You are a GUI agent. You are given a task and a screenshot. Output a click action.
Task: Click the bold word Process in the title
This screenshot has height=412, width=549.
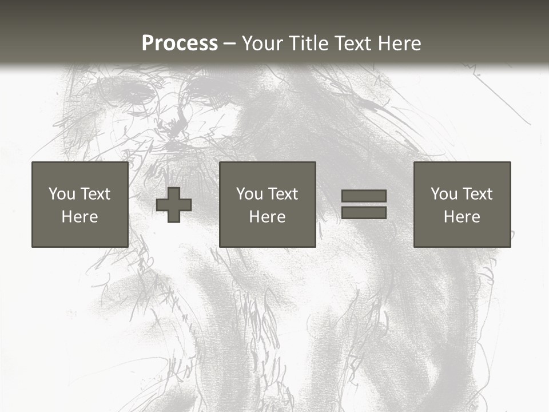click(x=180, y=43)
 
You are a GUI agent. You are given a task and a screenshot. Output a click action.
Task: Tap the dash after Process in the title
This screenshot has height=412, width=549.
click(x=229, y=44)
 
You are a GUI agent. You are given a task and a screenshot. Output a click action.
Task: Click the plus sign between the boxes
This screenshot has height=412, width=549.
click(x=174, y=205)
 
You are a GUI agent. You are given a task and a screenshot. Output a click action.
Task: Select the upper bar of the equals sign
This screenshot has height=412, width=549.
click(x=364, y=196)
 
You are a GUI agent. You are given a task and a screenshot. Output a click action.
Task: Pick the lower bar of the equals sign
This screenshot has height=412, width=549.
click(x=364, y=213)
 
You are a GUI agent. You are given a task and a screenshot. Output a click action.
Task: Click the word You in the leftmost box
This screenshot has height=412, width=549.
click(x=62, y=194)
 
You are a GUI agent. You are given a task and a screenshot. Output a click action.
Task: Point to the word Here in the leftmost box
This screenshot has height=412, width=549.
click(x=79, y=217)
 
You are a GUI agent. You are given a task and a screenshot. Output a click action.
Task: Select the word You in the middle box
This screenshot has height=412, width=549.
click(x=249, y=194)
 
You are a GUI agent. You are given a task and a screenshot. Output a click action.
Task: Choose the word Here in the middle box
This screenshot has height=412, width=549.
click(x=267, y=217)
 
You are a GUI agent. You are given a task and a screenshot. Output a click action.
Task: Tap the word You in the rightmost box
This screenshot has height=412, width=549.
click(x=444, y=194)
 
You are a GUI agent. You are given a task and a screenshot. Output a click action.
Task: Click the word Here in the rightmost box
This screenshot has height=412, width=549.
click(x=462, y=217)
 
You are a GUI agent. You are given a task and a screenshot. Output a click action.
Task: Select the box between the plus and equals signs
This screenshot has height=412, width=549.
click(x=267, y=235)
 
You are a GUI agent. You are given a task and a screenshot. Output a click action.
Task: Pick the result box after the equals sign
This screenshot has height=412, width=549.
click(x=462, y=235)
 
